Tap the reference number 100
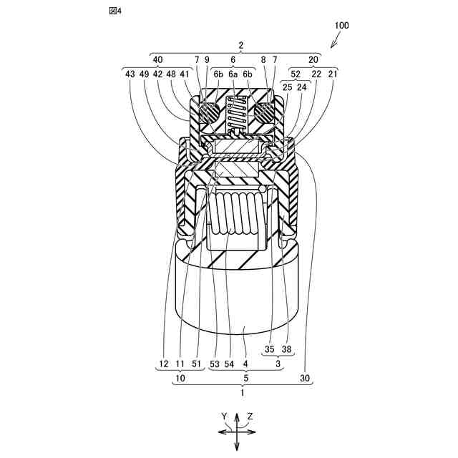click(x=341, y=25)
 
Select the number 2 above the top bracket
click(x=241, y=45)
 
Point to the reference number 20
click(x=314, y=60)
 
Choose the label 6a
click(x=233, y=73)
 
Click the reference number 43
click(x=130, y=73)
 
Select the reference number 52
click(x=296, y=73)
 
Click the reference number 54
click(x=229, y=364)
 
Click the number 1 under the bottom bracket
click(x=241, y=392)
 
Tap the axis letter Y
click(x=224, y=416)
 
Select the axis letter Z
click(x=250, y=416)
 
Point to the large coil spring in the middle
click(x=237, y=213)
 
